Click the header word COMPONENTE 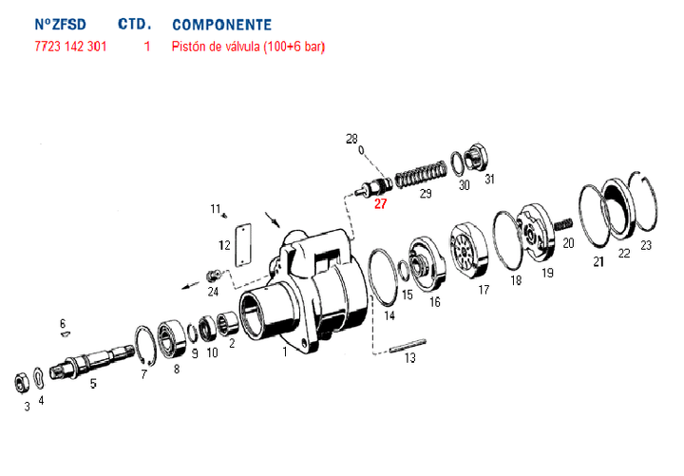click(x=221, y=25)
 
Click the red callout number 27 click(x=380, y=203)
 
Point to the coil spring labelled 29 click(x=419, y=174)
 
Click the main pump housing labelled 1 click(x=304, y=295)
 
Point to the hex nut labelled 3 click(x=18, y=382)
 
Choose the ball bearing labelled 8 click(x=173, y=336)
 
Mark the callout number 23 click(x=646, y=246)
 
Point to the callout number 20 click(x=568, y=243)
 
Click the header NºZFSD click(x=60, y=25)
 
